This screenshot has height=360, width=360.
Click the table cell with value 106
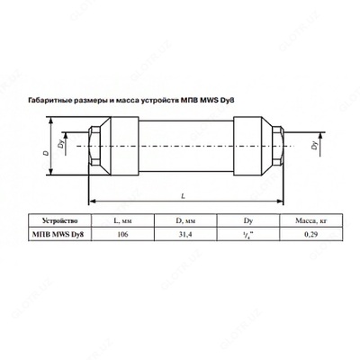(x=122, y=235)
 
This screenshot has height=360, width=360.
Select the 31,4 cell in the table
(x=185, y=235)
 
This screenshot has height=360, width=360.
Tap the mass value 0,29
(x=310, y=235)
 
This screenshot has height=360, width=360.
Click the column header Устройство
(x=59, y=221)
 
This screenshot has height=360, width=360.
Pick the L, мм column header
(x=122, y=221)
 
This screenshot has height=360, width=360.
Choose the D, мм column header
(x=185, y=221)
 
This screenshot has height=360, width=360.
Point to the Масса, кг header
(x=310, y=221)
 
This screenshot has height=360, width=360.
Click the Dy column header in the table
(x=248, y=221)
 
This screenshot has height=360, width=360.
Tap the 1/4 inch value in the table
(x=248, y=235)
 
